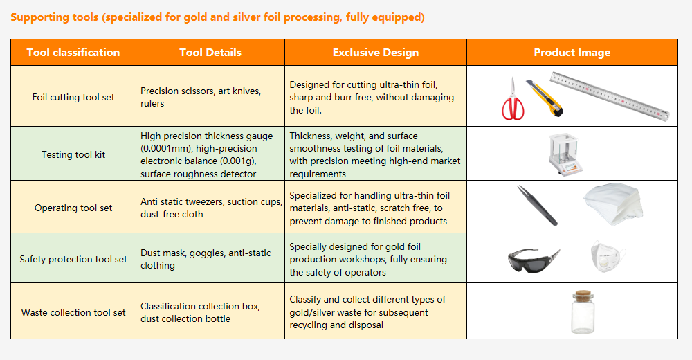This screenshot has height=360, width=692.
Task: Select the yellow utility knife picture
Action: (x=545, y=98)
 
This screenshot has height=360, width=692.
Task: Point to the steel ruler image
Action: (x=610, y=96)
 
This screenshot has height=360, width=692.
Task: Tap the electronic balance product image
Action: (x=565, y=154)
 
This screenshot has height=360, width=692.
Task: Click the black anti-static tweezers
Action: (x=537, y=206)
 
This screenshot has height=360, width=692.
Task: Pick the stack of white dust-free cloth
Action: (x=612, y=204)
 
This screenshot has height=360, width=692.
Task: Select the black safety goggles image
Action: (x=534, y=261)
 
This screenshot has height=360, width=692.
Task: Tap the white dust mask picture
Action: (x=608, y=256)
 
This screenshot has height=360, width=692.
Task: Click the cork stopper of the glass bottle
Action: (x=583, y=296)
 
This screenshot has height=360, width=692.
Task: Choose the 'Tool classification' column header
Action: (x=73, y=52)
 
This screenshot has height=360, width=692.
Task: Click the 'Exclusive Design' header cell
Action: (x=376, y=52)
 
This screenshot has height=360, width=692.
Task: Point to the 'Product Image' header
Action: (x=572, y=52)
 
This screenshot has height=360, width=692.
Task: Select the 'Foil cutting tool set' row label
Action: (x=73, y=97)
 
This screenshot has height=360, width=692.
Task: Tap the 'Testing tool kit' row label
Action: (x=73, y=154)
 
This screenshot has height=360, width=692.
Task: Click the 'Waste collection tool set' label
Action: (x=73, y=312)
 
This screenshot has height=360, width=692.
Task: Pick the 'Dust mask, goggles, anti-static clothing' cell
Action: (x=206, y=259)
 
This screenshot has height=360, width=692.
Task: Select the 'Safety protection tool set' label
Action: (x=73, y=260)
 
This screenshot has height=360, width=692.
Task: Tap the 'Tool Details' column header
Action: (x=210, y=52)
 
